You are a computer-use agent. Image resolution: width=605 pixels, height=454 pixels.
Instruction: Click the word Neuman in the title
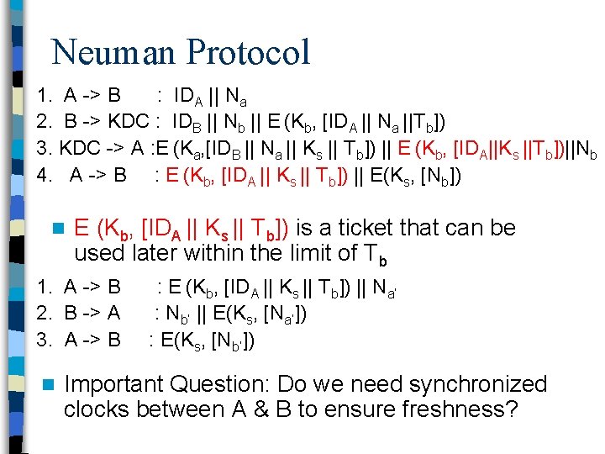(x=113, y=52)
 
